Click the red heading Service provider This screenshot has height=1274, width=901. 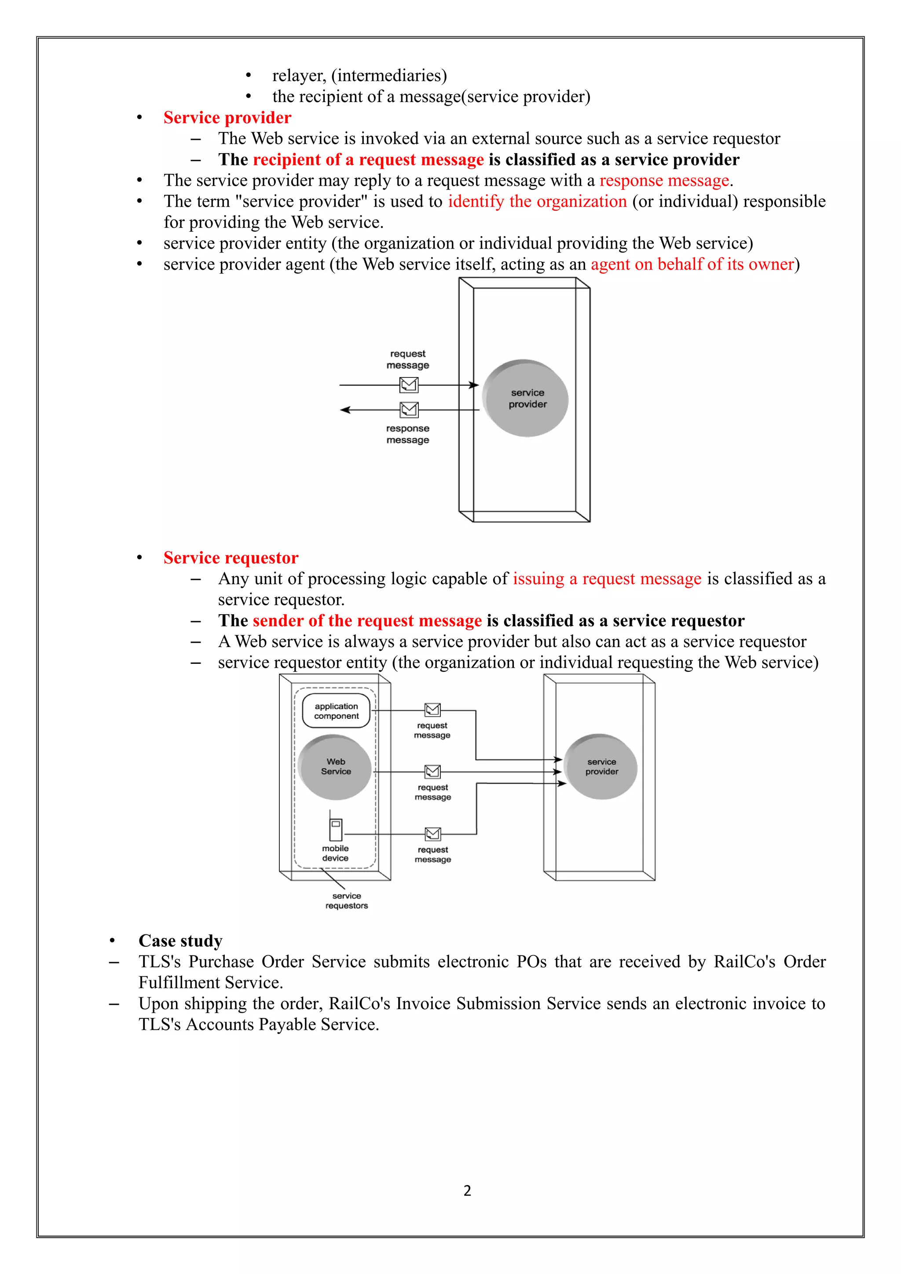point(227,117)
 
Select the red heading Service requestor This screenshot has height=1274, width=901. point(231,558)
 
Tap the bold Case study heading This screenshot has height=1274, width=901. point(180,941)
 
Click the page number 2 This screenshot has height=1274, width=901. point(467,1191)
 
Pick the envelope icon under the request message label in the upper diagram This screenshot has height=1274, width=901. point(409,384)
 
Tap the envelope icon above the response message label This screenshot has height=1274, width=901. point(409,410)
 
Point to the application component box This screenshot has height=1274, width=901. point(336,711)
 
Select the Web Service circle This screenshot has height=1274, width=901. point(335,767)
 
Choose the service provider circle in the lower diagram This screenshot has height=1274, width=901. point(601,767)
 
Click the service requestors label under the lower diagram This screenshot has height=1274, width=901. point(347,901)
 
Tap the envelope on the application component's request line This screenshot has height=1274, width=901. point(432,710)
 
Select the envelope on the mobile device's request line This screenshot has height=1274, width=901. point(433,834)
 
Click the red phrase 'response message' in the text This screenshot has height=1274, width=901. point(664,181)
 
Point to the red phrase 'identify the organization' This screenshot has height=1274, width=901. point(537,201)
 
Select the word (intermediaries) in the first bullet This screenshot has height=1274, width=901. point(389,76)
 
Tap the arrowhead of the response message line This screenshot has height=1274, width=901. point(344,410)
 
